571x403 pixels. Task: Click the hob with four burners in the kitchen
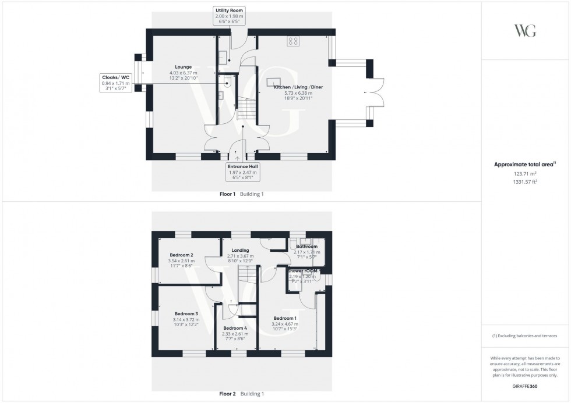click(293, 41)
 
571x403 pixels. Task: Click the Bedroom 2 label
click(181, 255)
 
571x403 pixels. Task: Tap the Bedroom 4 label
click(235, 328)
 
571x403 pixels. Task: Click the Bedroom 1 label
click(285, 318)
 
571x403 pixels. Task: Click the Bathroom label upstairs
click(306, 247)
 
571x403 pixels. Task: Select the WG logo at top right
click(525, 31)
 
